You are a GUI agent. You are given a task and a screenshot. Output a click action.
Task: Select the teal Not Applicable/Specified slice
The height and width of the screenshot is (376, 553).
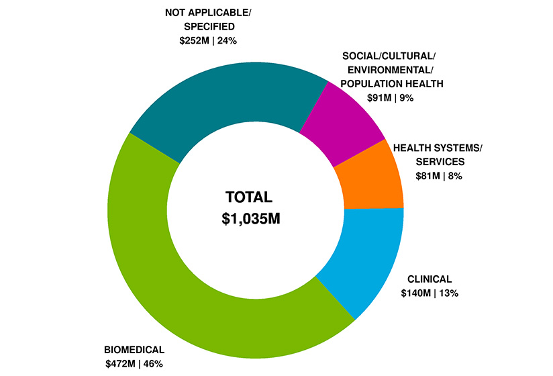221,101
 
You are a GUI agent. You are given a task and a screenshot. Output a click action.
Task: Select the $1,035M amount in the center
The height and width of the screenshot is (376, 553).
250,220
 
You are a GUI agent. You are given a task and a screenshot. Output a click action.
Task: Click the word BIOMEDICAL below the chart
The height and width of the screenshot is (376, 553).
134,350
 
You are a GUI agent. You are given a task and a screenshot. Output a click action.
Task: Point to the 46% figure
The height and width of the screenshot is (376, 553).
152,364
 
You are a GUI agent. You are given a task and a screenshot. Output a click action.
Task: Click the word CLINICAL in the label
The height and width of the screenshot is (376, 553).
430,279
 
